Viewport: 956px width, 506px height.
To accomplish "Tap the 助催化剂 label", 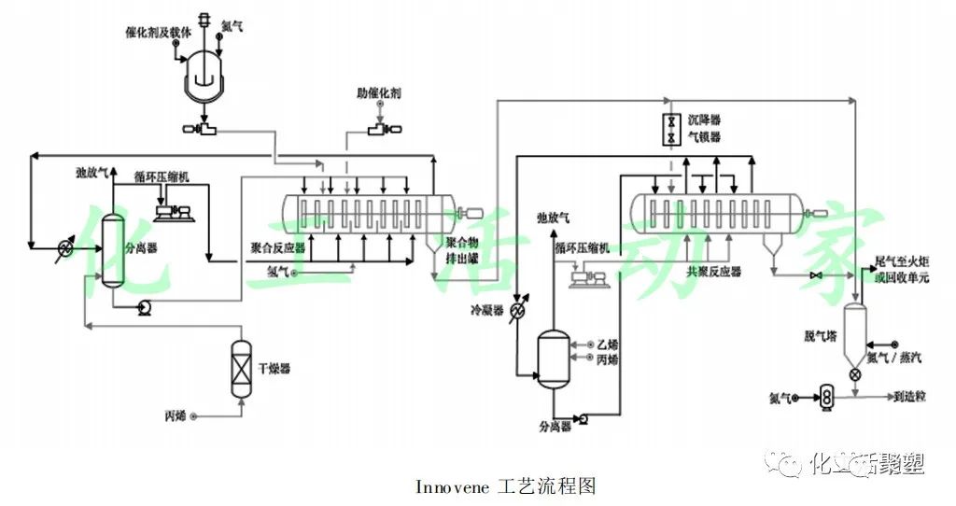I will [379, 93].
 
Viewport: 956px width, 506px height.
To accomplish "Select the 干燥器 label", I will [275, 369].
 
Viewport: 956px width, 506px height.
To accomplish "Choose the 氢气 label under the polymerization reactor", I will [277, 272].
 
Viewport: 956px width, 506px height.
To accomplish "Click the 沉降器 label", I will [705, 120].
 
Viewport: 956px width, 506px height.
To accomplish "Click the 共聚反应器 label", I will [714, 272].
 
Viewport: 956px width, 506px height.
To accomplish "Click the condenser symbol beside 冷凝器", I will [514, 314].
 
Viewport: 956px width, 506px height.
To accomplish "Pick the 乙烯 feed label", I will [608, 344].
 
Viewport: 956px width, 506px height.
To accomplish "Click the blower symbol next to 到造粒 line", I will [825, 397].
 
